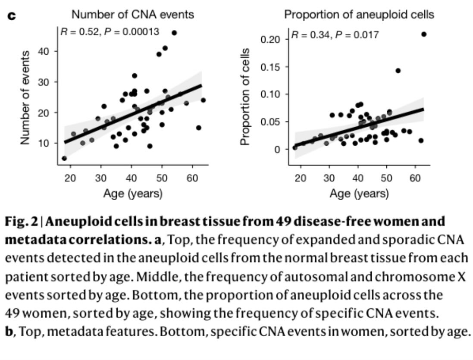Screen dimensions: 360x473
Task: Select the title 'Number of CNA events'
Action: click(132, 15)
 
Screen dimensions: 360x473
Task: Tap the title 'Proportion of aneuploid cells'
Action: click(359, 15)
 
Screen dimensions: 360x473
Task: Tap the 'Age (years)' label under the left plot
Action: click(132, 194)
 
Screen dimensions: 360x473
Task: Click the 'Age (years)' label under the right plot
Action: click(359, 194)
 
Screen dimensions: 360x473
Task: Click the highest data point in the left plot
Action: click(174, 33)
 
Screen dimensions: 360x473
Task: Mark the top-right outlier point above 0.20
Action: click(423, 34)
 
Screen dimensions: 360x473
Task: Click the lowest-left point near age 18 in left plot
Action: click(64, 158)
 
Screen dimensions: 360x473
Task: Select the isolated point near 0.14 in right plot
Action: click(398, 71)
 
